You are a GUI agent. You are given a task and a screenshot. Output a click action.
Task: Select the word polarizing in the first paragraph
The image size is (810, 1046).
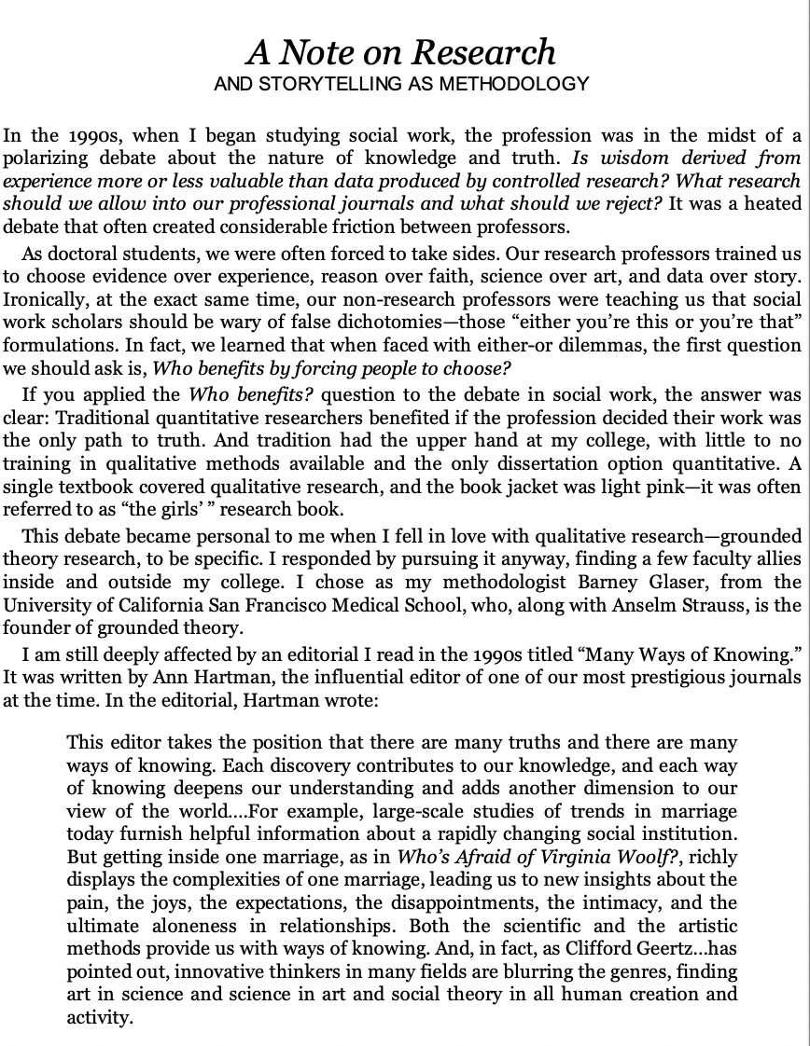[43, 158]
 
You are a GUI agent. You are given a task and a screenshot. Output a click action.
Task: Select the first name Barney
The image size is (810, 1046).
[635, 582]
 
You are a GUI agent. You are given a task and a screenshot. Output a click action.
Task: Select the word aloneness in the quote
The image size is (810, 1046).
[183, 926]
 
